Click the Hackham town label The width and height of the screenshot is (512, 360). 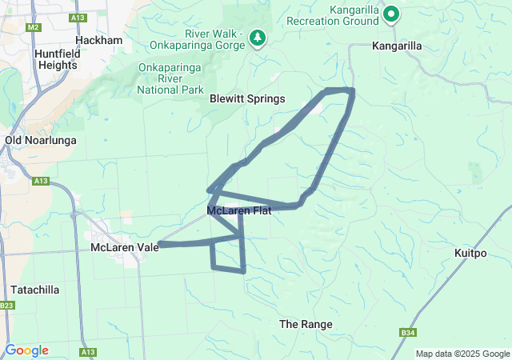tap(98, 40)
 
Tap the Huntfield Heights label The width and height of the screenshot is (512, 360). tap(56, 59)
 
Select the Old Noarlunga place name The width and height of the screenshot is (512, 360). tap(40, 140)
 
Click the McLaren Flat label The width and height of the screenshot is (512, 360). tap(238, 211)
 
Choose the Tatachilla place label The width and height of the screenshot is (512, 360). tap(35, 290)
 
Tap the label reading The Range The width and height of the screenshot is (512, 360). tap(305, 324)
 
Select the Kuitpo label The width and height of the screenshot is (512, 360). tap(470, 254)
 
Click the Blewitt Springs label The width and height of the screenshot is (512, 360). tap(247, 99)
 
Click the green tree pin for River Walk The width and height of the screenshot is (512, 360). tap(258, 37)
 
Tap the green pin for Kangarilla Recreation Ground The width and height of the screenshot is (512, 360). tap(391, 13)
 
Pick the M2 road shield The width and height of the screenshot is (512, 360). tap(33, 27)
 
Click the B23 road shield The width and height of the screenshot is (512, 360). tap(8, 306)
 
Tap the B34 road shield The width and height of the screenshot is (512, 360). tap(406, 332)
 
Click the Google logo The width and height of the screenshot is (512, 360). tap(26, 350)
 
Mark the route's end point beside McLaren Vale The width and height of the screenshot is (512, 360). tap(160, 244)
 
